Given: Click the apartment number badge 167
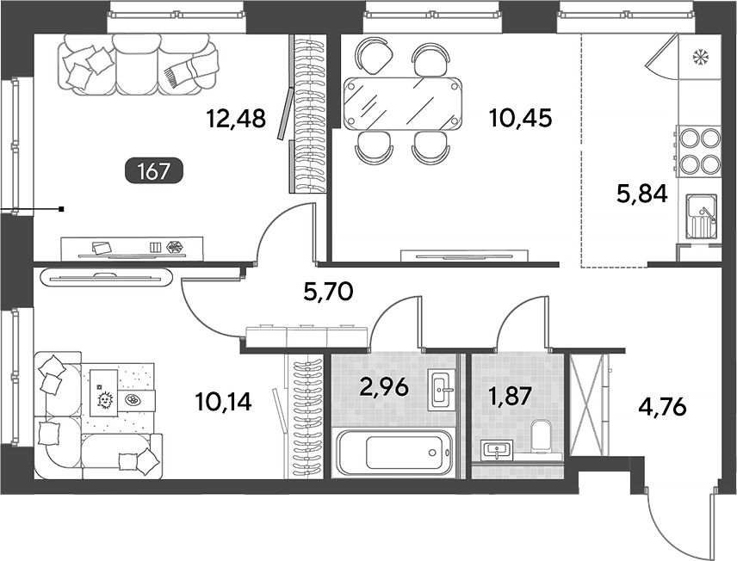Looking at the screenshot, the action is (153, 170).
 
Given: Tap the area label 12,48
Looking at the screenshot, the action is (236, 119).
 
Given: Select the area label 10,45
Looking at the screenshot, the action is (520, 119).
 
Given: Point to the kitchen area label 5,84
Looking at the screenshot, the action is (641, 194).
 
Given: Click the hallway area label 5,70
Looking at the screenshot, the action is (328, 293).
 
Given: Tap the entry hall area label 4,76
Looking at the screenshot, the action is (662, 406).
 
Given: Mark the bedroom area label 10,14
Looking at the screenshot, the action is (223, 402).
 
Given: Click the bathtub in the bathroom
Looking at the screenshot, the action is (393, 452).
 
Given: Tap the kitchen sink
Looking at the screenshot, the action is (702, 218).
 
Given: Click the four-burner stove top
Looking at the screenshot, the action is (697, 150).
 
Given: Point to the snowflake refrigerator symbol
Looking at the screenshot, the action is (700, 58).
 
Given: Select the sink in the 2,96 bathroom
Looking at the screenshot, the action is (442, 389).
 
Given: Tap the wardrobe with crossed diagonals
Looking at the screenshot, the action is (586, 405).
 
